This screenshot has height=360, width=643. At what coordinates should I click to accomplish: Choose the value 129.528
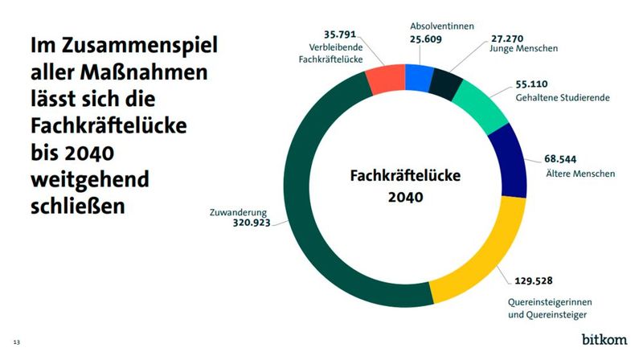point(534,282)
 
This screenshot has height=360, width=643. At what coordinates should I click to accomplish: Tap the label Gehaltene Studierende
point(561,97)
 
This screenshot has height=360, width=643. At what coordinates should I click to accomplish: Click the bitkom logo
point(604,340)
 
